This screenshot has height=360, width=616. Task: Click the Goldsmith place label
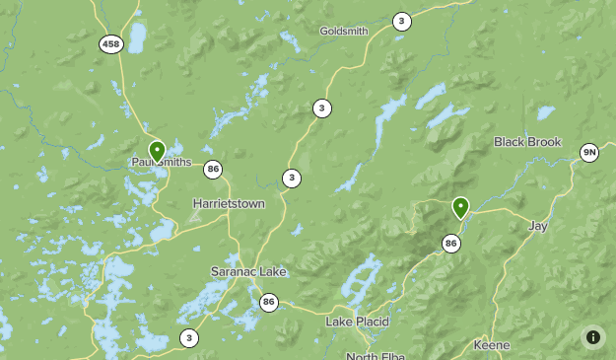tap(343, 31)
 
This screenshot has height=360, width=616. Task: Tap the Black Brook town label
tap(527, 142)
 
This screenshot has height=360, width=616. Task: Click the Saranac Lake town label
tap(246, 271)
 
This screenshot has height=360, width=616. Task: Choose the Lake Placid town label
tap(357, 322)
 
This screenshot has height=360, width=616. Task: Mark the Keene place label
tap(491, 345)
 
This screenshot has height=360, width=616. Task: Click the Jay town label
tap(537, 226)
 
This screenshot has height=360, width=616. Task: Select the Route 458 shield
tap(110, 43)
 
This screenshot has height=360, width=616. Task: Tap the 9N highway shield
tap(589, 152)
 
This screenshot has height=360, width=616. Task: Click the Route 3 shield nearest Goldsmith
tap(401, 21)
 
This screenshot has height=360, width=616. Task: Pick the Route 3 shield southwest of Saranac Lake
tap(188, 338)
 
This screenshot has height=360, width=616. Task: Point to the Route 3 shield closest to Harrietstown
tap(291, 179)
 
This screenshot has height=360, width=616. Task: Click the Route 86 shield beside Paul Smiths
tap(213, 170)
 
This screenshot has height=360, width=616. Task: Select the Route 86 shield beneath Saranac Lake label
tap(269, 302)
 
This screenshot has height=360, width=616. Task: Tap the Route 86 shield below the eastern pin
tap(451, 243)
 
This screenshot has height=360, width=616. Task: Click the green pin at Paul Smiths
tap(157, 151)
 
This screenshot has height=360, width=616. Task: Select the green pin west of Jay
tap(460, 207)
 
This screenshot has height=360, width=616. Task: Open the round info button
tap(592, 336)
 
